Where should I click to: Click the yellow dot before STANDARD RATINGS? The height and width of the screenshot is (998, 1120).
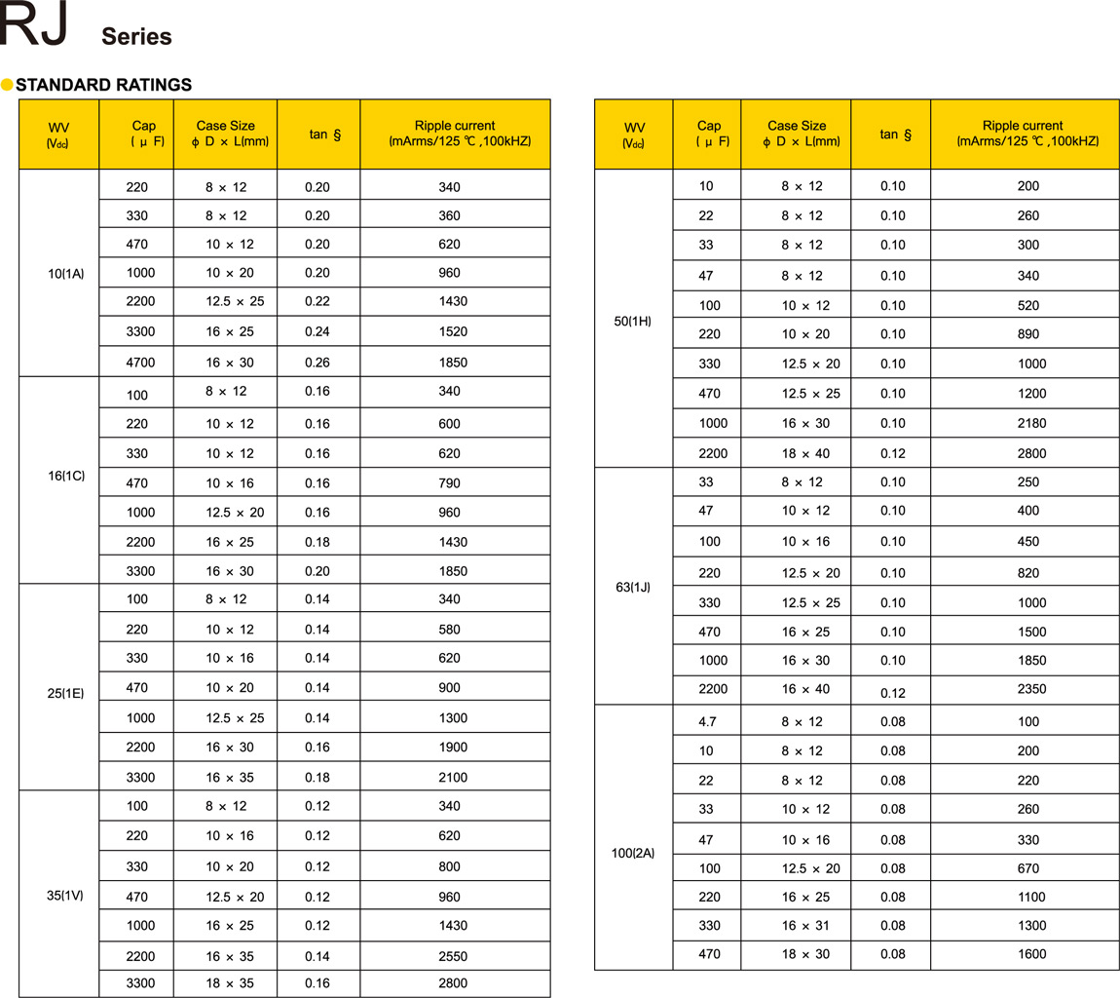[8, 85]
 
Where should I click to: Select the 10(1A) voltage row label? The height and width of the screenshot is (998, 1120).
[66, 274]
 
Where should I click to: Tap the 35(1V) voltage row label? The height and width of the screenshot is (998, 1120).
[66, 895]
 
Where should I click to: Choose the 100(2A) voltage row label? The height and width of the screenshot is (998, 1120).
[632, 853]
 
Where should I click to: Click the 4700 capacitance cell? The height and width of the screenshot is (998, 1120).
[140, 363]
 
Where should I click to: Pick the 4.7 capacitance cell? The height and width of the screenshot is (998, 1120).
[707, 721]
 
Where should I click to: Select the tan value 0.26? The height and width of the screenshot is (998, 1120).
[317, 363]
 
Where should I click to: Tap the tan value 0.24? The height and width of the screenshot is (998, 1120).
[317, 331]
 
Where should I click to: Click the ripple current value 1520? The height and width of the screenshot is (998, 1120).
[454, 331]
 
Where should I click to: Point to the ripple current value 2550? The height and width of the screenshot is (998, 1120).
[454, 956]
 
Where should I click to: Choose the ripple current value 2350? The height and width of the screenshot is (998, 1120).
[1031, 689]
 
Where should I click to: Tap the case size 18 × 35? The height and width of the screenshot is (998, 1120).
[230, 983]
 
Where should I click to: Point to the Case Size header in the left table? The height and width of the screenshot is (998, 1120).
[226, 133]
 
